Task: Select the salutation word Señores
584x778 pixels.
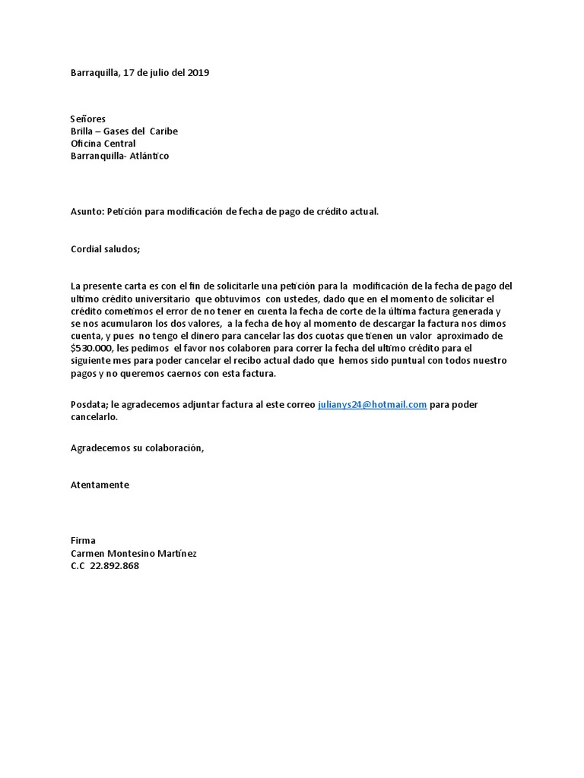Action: [87, 119]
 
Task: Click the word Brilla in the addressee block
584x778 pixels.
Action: [83, 131]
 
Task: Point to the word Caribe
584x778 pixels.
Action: [163, 131]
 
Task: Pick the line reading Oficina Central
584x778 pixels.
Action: [103, 144]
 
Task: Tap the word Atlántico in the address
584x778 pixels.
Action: [152, 156]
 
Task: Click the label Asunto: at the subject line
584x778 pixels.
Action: [87, 211]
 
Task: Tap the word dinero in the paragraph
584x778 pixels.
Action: [248, 335]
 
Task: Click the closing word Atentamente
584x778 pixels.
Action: [100, 485]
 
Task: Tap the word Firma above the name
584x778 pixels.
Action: [83, 541]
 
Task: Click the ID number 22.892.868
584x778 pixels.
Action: [114, 566]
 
